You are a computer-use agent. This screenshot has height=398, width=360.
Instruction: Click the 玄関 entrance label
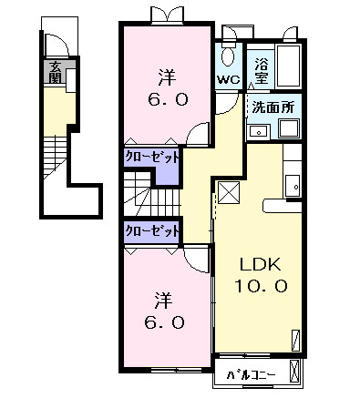click(x=56, y=74)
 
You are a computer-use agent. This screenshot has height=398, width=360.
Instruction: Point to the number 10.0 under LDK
click(x=264, y=286)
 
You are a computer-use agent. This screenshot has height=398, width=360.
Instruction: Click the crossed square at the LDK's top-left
click(x=228, y=193)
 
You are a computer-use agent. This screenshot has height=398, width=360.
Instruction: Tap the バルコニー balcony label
click(x=249, y=372)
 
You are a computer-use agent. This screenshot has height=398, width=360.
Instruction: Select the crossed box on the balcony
click(x=293, y=372)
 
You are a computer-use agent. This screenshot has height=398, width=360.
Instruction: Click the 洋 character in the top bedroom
click(x=166, y=76)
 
